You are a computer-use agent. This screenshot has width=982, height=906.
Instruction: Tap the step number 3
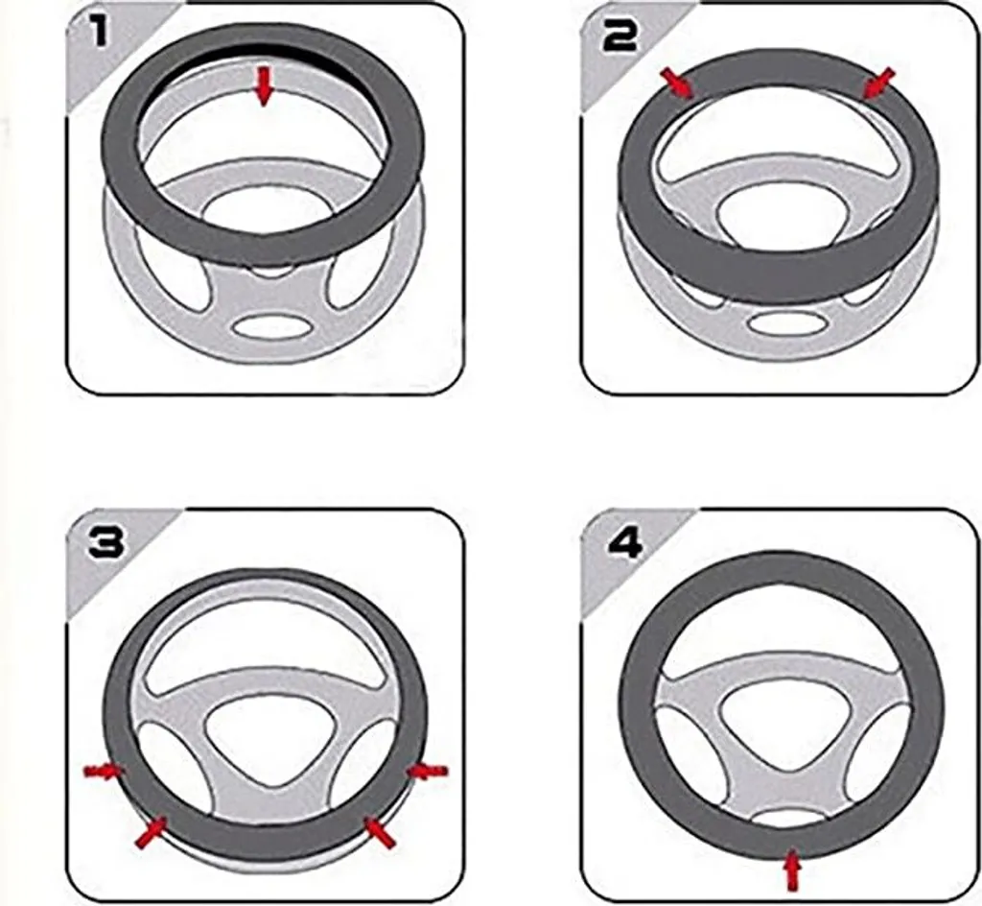(x=104, y=542)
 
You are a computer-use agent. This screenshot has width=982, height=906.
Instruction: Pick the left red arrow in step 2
(x=679, y=83)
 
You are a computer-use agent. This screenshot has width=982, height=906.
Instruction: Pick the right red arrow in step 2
(x=878, y=83)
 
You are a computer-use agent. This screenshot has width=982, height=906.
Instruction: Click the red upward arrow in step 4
(x=792, y=871)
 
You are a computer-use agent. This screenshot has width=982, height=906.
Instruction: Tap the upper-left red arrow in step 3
(x=104, y=770)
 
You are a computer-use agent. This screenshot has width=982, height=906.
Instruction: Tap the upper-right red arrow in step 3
(x=427, y=770)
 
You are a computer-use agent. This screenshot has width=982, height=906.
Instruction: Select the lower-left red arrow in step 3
(x=150, y=831)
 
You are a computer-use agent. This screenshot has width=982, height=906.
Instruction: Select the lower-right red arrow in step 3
(x=380, y=831)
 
